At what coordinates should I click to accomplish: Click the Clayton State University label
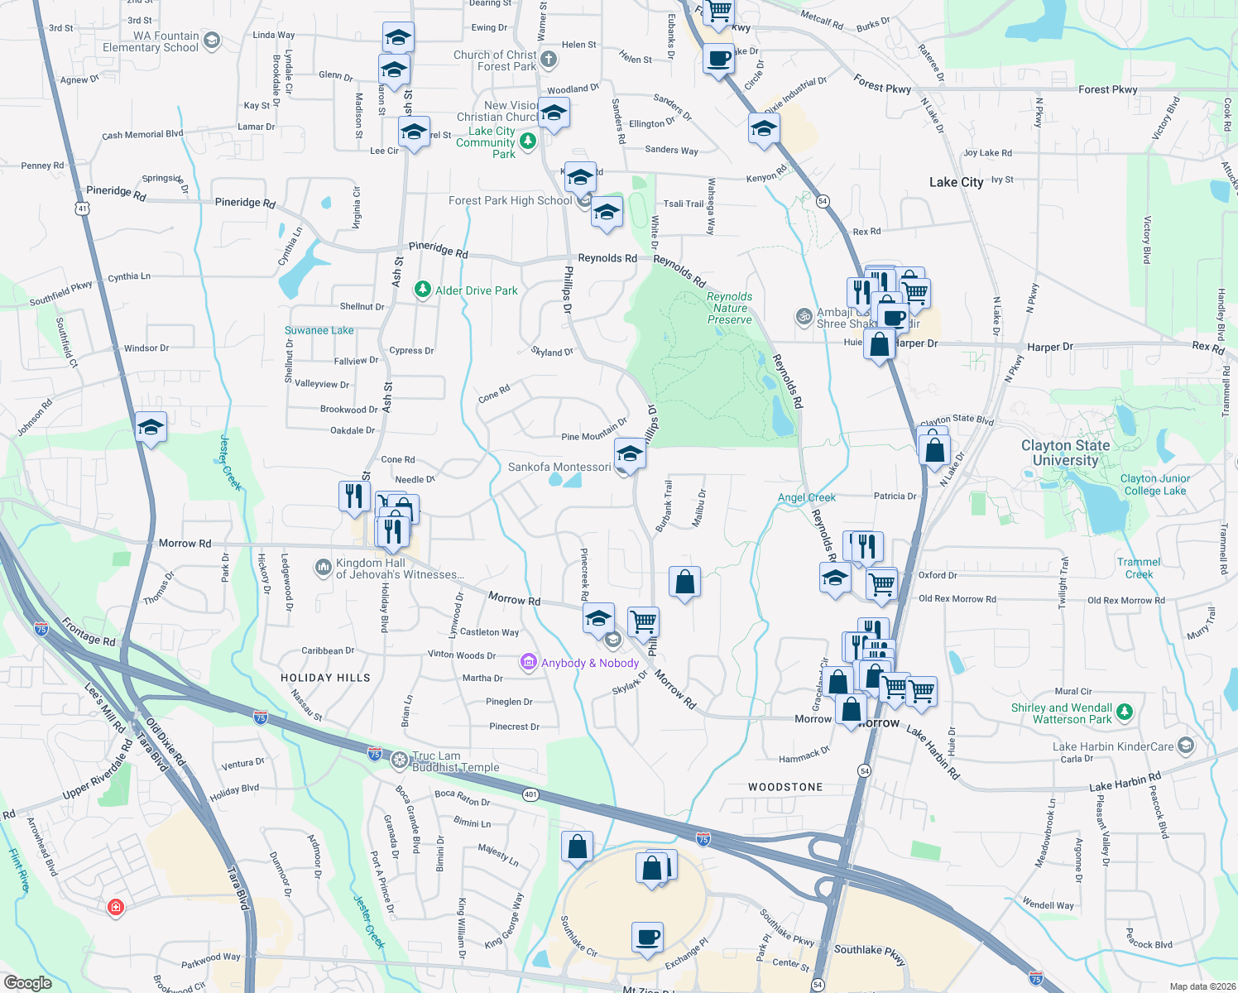[1065, 453]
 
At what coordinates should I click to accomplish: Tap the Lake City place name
[956, 182]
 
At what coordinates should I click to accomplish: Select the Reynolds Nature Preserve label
[730, 308]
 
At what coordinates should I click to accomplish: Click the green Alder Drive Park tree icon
[423, 290]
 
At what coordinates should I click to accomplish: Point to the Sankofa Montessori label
[559, 467]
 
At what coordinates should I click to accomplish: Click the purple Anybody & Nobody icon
[528, 662]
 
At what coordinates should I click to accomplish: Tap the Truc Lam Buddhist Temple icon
[399, 760]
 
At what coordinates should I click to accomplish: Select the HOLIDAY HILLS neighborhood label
[325, 678]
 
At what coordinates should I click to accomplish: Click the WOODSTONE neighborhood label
[785, 787]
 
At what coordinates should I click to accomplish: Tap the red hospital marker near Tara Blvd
[116, 907]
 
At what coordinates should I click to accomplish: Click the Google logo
[27, 982]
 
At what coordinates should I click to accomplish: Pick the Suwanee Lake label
[319, 330]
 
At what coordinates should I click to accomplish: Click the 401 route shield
[530, 794]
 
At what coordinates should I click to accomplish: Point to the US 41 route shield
[82, 209]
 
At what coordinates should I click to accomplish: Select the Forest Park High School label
[510, 200]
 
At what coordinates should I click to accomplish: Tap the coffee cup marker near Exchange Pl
[648, 937]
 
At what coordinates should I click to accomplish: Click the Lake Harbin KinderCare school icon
[1185, 746]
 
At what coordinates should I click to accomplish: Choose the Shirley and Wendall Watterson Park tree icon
[1124, 712]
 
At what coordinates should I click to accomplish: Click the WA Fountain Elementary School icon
[211, 41]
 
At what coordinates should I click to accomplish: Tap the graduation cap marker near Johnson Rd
[151, 428]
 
